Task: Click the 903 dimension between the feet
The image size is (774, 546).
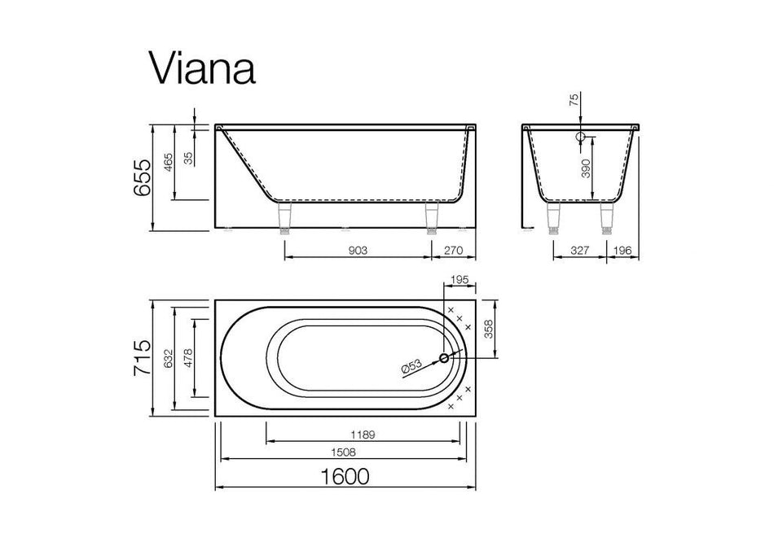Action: click(357, 251)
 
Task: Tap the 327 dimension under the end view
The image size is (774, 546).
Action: click(579, 251)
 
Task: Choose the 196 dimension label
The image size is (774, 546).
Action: click(622, 251)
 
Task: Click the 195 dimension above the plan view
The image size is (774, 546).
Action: click(460, 280)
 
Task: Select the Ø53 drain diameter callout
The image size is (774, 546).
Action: click(412, 367)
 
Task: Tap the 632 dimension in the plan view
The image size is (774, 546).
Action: click(166, 358)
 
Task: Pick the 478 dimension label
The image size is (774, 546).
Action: click(188, 358)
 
